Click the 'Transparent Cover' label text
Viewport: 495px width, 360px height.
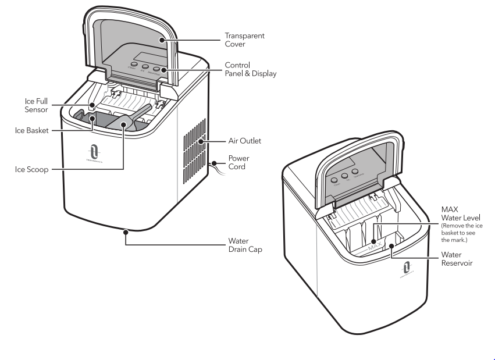coord(244,40)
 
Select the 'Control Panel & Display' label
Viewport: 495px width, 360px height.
coord(250,69)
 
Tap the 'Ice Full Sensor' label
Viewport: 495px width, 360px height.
coord(37,105)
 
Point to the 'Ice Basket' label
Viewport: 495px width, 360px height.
coord(31,130)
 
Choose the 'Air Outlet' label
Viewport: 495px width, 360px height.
coord(245,141)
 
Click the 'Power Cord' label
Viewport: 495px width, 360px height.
coord(238,162)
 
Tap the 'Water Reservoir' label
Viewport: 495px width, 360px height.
coord(457,259)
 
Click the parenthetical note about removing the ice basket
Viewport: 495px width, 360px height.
coord(461,233)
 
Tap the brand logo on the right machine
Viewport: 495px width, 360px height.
coord(407,269)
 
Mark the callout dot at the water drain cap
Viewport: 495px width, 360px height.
coord(126,231)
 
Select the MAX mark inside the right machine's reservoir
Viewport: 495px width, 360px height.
coord(374,247)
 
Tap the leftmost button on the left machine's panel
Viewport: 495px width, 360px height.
coord(133,67)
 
